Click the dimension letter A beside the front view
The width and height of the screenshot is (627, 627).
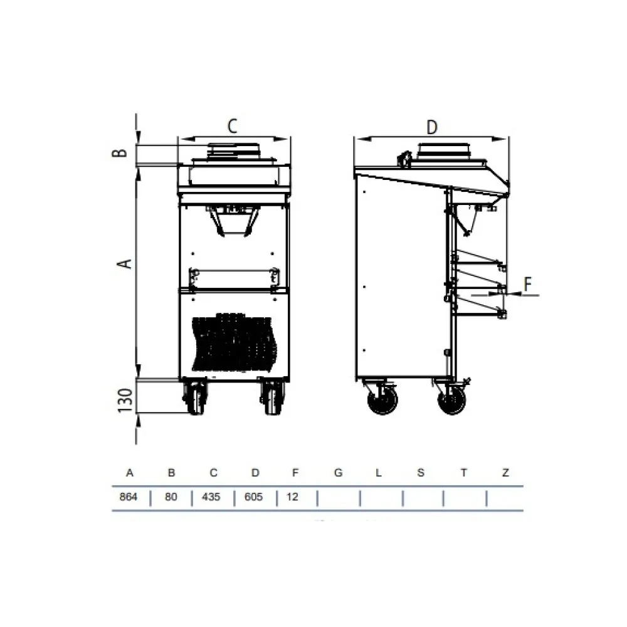click(126, 263)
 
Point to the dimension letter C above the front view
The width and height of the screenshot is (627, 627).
click(232, 126)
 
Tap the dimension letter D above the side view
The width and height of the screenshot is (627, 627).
click(431, 127)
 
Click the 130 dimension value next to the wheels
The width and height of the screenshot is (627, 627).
click(125, 400)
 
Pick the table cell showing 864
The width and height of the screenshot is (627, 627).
click(129, 498)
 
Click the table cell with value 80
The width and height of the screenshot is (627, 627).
click(171, 498)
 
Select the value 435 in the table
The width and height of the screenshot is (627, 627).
click(213, 498)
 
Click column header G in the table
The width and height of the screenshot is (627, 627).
click(338, 473)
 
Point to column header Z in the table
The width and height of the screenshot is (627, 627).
click(505, 473)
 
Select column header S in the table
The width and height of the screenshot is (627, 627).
click(421, 473)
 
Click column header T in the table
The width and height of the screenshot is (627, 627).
click(463, 473)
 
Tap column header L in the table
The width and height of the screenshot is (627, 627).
click(378, 473)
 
